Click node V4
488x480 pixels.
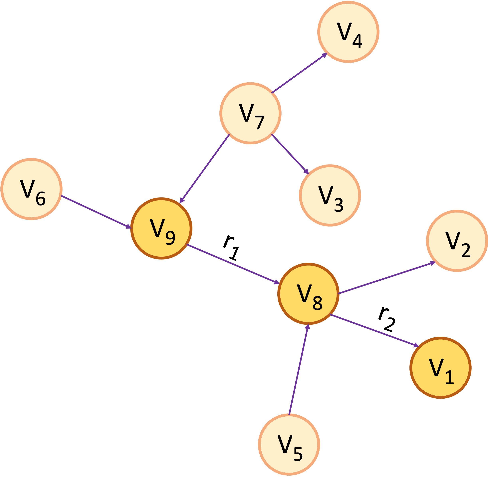click(x=348, y=32)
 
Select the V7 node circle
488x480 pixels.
click(x=250, y=113)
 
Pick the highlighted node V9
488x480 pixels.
click(x=161, y=228)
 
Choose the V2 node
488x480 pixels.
click(x=457, y=241)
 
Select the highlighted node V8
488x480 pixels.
click(x=308, y=294)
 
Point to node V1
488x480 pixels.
click(x=440, y=368)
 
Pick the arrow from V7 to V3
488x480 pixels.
click(x=290, y=154)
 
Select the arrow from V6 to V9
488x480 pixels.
click(x=96, y=212)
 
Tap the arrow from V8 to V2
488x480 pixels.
click(x=387, y=278)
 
